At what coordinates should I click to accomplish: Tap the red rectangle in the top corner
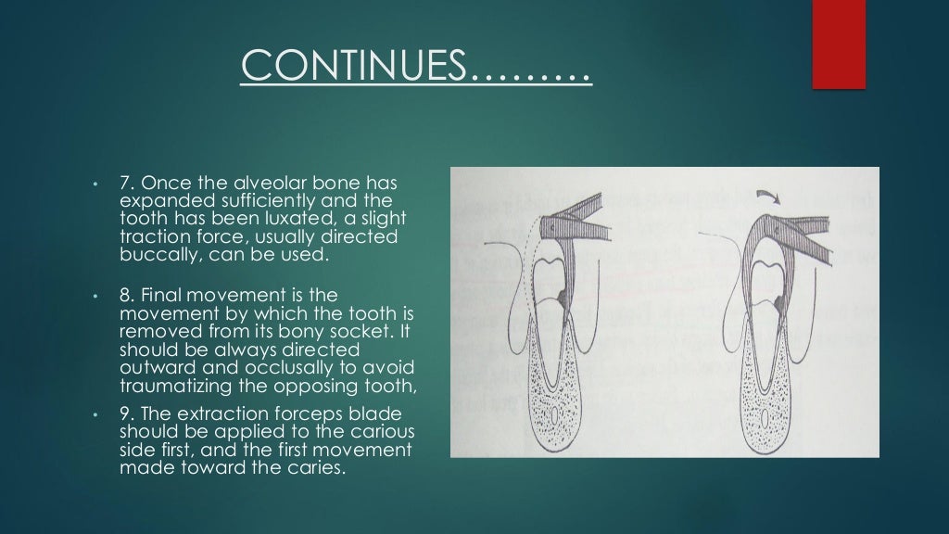[x=838, y=44]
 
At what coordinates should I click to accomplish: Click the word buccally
[x=156, y=254]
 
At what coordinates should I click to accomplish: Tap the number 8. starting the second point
[x=127, y=295]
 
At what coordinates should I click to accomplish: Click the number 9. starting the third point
[x=127, y=413]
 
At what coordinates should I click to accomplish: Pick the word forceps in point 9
[x=284, y=413]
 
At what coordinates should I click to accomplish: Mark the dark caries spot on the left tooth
[x=564, y=296]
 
